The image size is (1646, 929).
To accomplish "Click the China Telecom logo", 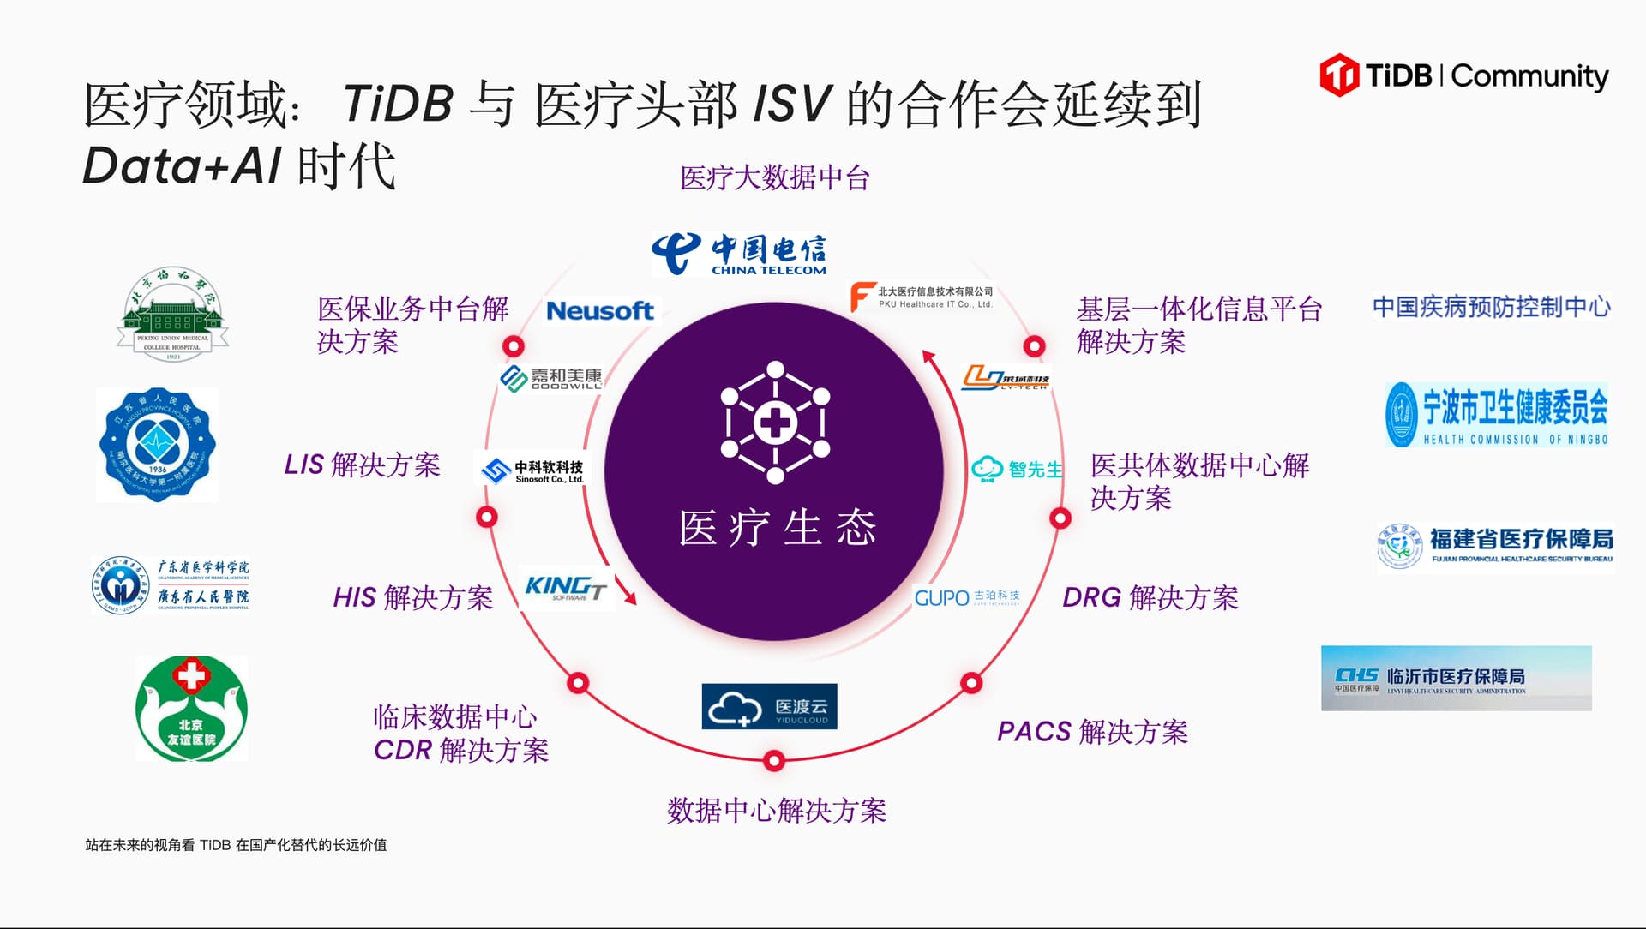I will point(739,254).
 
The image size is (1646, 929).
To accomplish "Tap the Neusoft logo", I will point(600,310).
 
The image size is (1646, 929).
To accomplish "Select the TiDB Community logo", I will point(1464,75).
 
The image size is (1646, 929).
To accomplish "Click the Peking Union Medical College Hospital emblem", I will point(172,314).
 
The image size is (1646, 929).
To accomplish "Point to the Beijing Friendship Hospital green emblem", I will point(192,709).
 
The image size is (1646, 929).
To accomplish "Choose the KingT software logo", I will point(566,588).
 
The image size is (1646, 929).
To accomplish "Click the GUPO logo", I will point(966,597).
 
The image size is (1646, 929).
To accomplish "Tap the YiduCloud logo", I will point(769,707).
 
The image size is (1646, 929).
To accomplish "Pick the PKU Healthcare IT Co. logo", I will point(921,297).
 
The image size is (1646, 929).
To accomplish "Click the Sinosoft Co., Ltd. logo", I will point(533,470).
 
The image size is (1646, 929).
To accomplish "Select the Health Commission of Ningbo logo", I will point(1496,415).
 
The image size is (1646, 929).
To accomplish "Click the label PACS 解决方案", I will point(1092,732).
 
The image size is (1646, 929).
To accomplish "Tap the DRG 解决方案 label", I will point(1150,597).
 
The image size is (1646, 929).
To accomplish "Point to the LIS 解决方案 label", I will point(362,464).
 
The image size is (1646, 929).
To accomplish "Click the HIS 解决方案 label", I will point(412,597).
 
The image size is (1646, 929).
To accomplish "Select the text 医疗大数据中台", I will point(774,178).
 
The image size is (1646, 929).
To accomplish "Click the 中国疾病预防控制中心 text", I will point(1491,307).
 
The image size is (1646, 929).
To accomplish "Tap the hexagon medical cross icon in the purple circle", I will point(775,423).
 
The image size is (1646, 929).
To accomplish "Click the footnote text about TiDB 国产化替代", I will point(236,845).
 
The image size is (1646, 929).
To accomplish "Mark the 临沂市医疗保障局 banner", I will point(1456,679).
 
